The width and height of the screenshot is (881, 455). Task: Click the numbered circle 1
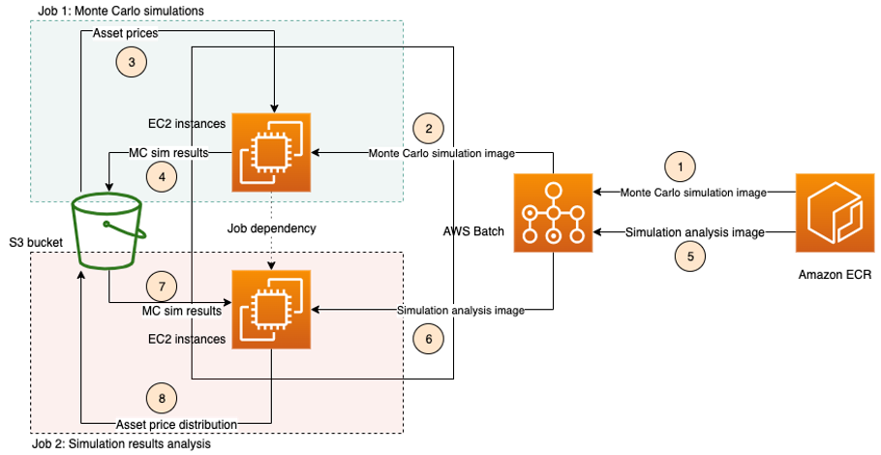[679, 167]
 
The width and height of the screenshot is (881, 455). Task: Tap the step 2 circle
[428, 129]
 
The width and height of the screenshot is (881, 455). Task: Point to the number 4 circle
[161, 176]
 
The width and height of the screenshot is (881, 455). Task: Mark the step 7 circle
[161, 287]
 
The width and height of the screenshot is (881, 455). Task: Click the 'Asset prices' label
[125, 34]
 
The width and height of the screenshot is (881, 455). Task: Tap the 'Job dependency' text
[272, 229]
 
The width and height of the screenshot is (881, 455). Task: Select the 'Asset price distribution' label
[177, 423]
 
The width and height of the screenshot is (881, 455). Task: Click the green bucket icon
[107, 230]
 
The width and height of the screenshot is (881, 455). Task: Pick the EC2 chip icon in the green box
[271, 152]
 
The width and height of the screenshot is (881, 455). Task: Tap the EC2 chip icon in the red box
[272, 310]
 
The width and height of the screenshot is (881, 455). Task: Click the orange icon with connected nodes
[553, 213]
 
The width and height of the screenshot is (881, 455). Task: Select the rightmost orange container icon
[835, 213]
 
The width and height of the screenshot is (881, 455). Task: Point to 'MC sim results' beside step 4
[169, 153]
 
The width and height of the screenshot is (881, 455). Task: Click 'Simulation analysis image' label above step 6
[461, 311]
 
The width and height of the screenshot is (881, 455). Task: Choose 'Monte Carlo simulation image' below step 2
[441, 153]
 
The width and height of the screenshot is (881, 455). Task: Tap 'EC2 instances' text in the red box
[187, 340]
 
